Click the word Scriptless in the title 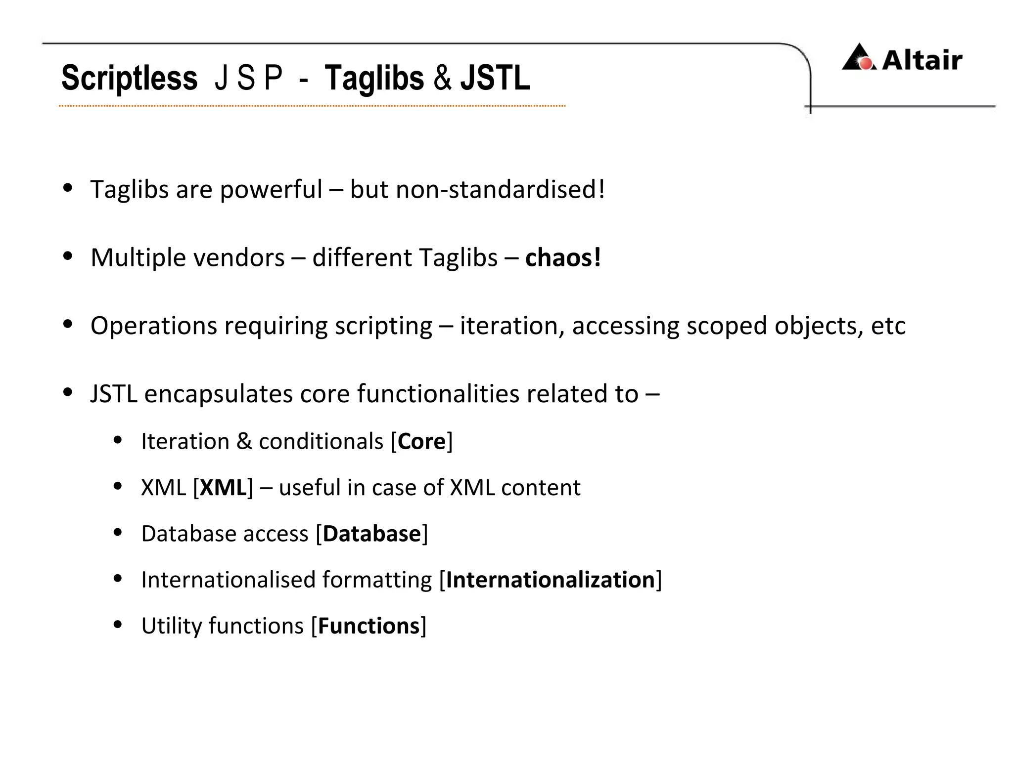[129, 78]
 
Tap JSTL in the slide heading [495, 78]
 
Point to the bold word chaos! [563, 258]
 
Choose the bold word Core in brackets [421, 441]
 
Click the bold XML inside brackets [223, 488]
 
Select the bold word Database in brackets [371, 534]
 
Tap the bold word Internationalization [551, 580]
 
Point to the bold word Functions [368, 626]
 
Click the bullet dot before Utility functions [118, 625]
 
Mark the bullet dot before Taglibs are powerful [68, 188]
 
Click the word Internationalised [228, 580]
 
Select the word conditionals [321, 441]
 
